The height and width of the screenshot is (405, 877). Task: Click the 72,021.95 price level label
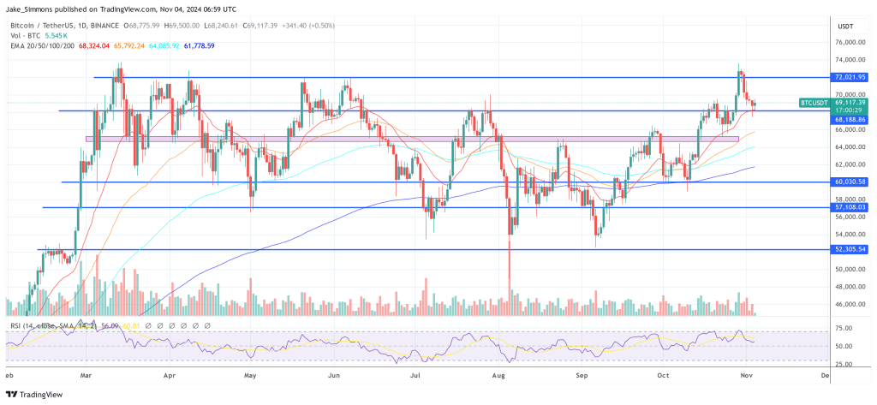point(850,77)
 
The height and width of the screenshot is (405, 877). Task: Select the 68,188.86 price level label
point(850,120)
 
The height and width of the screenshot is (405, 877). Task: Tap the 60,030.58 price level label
point(850,182)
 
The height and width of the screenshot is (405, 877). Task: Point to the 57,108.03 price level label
point(850,207)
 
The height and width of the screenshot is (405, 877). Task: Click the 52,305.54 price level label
point(850,249)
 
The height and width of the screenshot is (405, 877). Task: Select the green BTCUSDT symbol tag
point(814,102)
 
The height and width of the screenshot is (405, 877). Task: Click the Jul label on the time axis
point(415,375)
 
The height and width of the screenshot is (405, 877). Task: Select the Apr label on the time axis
point(170,375)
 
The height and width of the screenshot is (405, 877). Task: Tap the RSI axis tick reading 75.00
point(844,328)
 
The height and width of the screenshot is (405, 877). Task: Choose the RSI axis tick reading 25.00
point(844,365)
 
